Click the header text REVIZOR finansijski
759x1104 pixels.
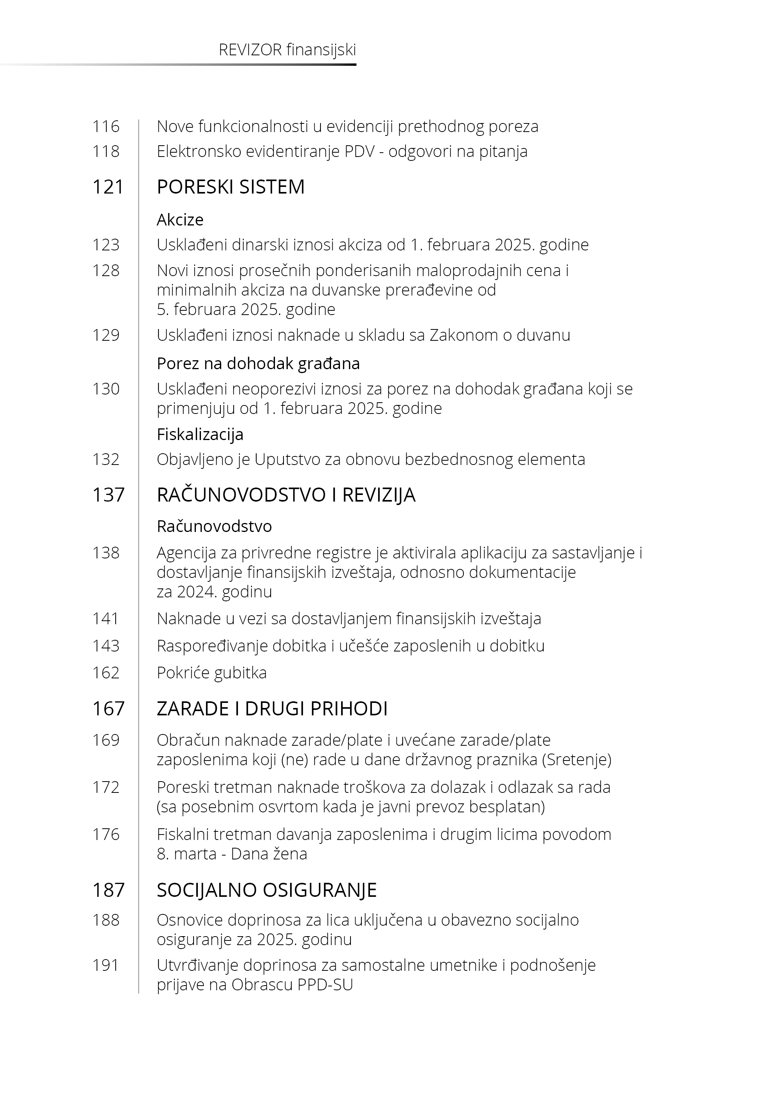click(x=287, y=50)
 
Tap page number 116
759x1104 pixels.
click(x=106, y=127)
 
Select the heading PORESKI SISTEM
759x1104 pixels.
click(x=231, y=187)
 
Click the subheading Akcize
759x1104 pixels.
click(x=180, y=220)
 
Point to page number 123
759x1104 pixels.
click(x=106, y=245)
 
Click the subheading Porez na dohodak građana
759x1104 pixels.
click(x=258, y=364)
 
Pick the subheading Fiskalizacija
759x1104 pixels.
click(x=200, y=434)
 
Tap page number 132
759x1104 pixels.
click(x=106, y=459)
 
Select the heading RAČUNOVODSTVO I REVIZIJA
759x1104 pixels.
click(x=286, y=495)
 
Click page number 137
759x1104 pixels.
click(x=108, y=495)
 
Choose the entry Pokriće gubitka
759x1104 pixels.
click(x=211, y=673)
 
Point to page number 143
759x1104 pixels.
click(x=106, y=646)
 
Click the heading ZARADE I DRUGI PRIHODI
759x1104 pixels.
click(x=272, y=709)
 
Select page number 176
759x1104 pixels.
click(x=106, y=835)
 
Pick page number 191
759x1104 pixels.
click(x=106, y=965)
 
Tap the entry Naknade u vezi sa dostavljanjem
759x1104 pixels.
click(x=349, y=618)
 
